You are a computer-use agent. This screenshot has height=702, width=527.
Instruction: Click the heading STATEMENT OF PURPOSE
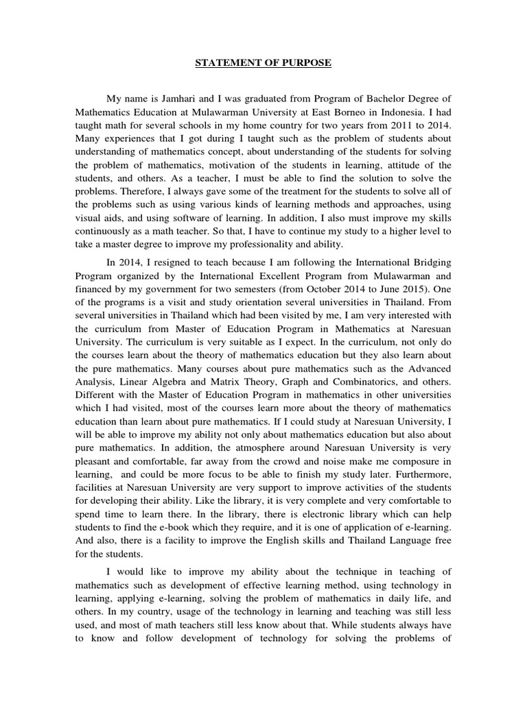click(x=263, y=63)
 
